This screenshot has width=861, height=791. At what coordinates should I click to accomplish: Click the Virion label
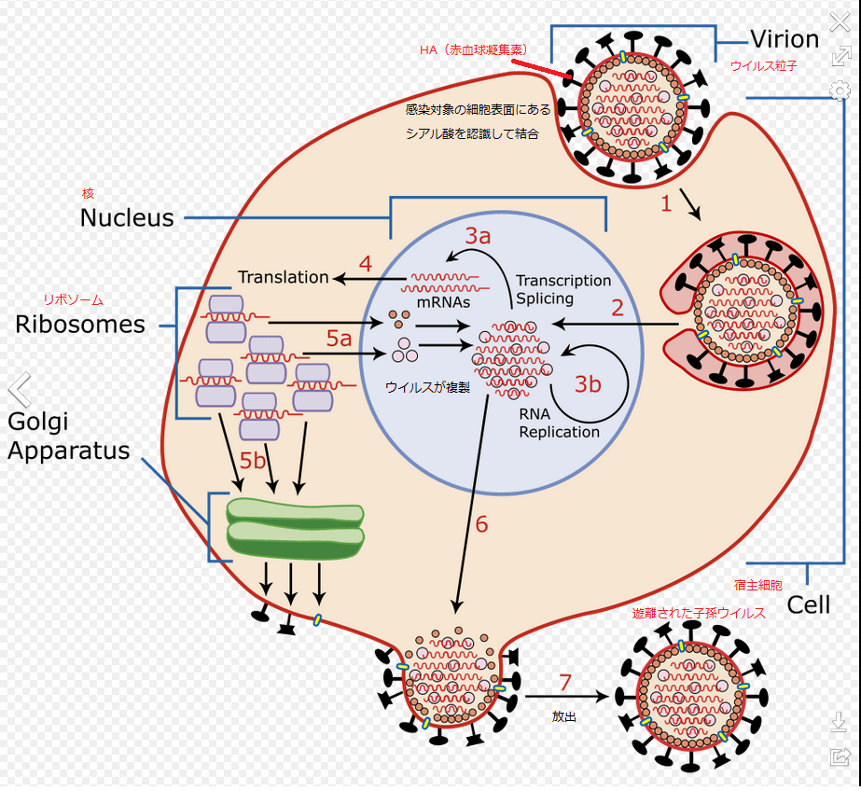785,39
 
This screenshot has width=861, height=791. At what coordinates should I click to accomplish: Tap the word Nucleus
127,218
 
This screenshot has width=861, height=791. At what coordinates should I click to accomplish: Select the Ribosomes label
80,325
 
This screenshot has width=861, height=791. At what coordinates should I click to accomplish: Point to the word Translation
283,277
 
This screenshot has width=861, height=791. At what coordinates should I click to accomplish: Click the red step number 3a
478,236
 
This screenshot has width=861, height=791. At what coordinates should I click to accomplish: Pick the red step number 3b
588,384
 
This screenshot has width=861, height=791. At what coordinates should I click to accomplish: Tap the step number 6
481,524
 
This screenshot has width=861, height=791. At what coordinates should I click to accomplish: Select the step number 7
565,682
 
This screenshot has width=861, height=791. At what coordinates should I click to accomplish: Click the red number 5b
253,461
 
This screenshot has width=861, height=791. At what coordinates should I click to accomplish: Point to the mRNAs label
443,302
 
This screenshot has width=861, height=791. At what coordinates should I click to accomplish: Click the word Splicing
545,298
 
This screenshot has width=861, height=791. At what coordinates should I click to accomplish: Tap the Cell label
808,605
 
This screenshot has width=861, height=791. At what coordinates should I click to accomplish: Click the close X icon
840,22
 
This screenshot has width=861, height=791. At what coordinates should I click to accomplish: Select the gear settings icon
840,90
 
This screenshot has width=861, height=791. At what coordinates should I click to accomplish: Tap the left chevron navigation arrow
20,390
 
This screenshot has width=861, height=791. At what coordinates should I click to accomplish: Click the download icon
839,722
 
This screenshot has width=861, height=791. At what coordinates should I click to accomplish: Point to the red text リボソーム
74,299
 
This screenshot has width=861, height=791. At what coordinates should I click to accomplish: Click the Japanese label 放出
564,716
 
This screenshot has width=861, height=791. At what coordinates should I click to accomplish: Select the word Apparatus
69,451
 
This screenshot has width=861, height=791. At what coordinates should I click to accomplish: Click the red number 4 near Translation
366,264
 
